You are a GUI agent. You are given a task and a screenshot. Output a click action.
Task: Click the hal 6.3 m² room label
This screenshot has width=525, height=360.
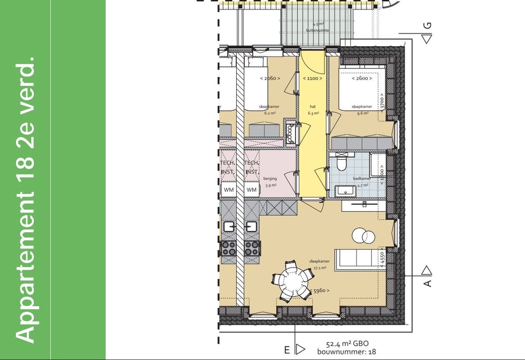tap(313, 110)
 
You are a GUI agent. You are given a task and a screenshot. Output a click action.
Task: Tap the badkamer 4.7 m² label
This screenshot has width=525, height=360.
tap(362, 182)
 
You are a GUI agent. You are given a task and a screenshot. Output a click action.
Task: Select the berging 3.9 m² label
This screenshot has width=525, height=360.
tap(270, 182)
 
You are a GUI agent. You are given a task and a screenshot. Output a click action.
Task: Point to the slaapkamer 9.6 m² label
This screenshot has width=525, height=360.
tap(362, 109)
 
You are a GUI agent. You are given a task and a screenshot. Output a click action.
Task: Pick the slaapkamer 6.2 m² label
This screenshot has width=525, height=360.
tap(270, 109)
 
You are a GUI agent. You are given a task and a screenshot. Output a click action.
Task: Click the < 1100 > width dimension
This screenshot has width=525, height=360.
tap(313, 78)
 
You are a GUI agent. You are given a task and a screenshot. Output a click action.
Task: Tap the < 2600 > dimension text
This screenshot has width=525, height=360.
tap(362, 78)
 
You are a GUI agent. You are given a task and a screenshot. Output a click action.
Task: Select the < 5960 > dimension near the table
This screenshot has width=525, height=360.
tap(319, 291)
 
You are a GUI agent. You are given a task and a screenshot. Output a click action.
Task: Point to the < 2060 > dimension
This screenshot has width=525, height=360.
tap(270, 78)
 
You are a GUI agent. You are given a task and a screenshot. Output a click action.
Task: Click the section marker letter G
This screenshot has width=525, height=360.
tap(427, 26)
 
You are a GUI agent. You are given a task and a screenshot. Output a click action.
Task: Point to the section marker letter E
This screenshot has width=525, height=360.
tap(287, 349)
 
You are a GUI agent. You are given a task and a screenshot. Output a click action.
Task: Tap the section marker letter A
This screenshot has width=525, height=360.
tap(427, 283)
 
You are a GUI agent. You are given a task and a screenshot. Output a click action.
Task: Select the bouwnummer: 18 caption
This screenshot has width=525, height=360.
tap(347, 352)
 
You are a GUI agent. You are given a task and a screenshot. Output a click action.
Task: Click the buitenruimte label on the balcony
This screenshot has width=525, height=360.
tap(317, 30)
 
